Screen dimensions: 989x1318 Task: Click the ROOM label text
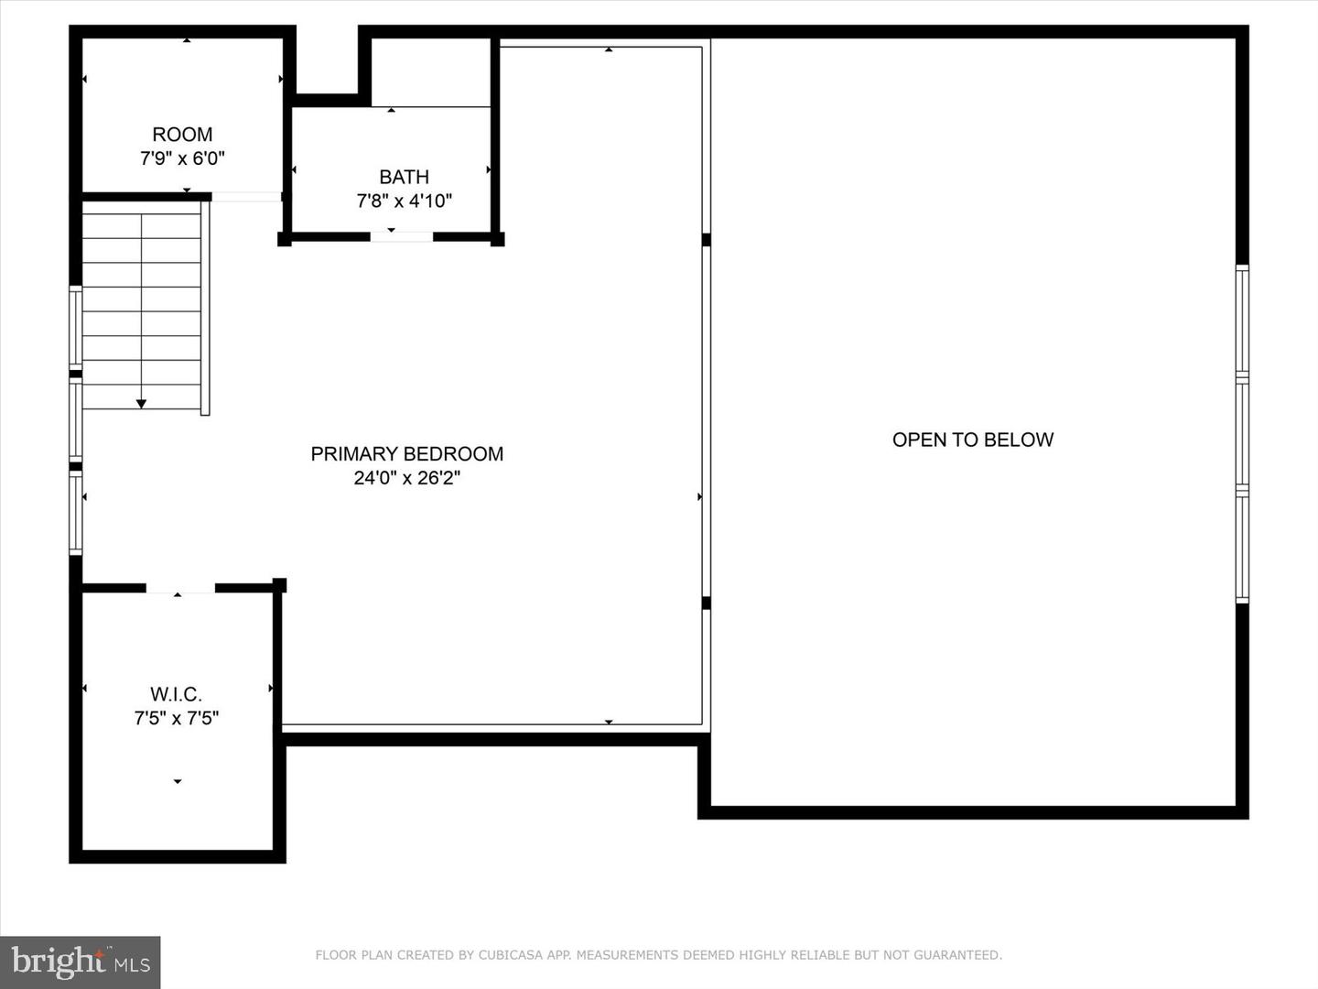(x=182, y=135)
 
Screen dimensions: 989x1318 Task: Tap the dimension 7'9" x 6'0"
(x=182, y=158)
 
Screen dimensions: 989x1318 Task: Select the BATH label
(x=404, y=177)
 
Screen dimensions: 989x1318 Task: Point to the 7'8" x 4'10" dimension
(x=404, y=201)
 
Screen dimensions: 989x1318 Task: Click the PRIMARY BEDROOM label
(x=406, y=453)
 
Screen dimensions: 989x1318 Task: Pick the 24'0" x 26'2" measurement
(x=406, y=477)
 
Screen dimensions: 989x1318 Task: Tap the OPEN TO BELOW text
(x=972, y=440)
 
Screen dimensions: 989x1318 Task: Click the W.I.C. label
(x=176, y=694)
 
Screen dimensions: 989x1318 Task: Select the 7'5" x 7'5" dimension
(x=176, y=718)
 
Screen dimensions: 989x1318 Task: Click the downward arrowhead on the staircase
(x=141, y=403)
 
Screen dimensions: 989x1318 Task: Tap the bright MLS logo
(x=81, y=962)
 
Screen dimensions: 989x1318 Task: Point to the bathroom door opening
(x=401, y=237)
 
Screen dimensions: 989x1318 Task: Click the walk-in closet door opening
(x=180, y=588)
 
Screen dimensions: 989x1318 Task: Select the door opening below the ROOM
(x=246, y=197)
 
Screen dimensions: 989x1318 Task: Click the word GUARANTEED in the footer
(x=957, y=955)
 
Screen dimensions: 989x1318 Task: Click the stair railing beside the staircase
(x=205, y=308)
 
